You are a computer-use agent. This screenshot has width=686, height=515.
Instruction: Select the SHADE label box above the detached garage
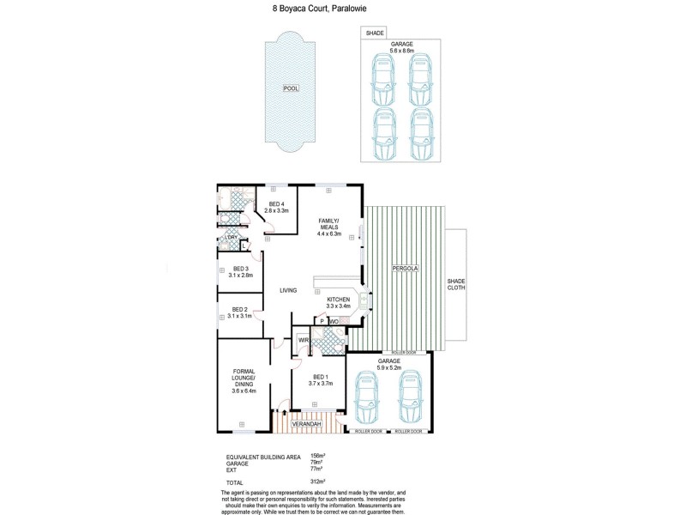(x=375, y=33)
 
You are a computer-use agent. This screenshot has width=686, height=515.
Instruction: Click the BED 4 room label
(x=276, y=207)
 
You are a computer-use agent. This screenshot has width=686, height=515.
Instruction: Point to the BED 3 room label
(x=241, y=272)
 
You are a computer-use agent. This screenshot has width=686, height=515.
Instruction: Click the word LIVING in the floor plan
(x=288, y=290)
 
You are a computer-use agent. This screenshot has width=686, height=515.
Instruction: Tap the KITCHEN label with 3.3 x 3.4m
(x=339, y=302)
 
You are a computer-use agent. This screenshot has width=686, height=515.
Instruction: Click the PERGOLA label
(x=405, y=270)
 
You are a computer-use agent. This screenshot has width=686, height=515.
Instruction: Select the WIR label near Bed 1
(x=303, y=341)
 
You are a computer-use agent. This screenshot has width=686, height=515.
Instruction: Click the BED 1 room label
(x=318, y=380)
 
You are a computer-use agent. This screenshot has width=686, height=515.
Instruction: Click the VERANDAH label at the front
(x=306, y=424)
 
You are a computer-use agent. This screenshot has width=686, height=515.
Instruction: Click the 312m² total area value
(x=329, y=482)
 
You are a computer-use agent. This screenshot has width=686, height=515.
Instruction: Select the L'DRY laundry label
(x=232, y=237)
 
